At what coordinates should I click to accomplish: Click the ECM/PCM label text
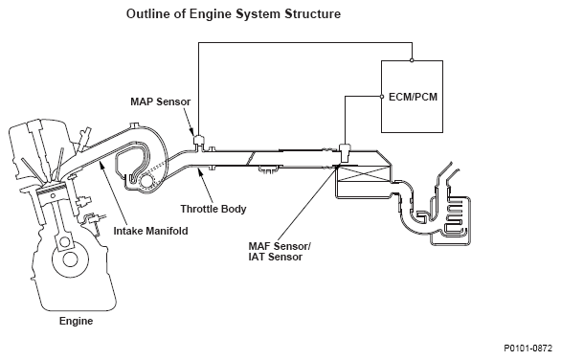413,97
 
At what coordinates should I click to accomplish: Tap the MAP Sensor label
160,101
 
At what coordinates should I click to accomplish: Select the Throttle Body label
213,209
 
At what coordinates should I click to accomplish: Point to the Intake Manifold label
150,231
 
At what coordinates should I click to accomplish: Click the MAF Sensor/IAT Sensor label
280,252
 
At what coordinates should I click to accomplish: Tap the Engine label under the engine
76,321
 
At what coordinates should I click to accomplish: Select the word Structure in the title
313,14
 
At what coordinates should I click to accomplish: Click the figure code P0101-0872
528,349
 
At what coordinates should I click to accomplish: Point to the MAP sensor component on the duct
198,141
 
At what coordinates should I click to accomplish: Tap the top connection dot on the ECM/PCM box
412,60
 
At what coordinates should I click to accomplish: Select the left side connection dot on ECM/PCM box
381,97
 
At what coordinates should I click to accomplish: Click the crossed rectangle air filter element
364,174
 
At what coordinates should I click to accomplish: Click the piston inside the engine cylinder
51,191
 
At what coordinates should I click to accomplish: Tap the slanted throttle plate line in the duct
250,159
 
